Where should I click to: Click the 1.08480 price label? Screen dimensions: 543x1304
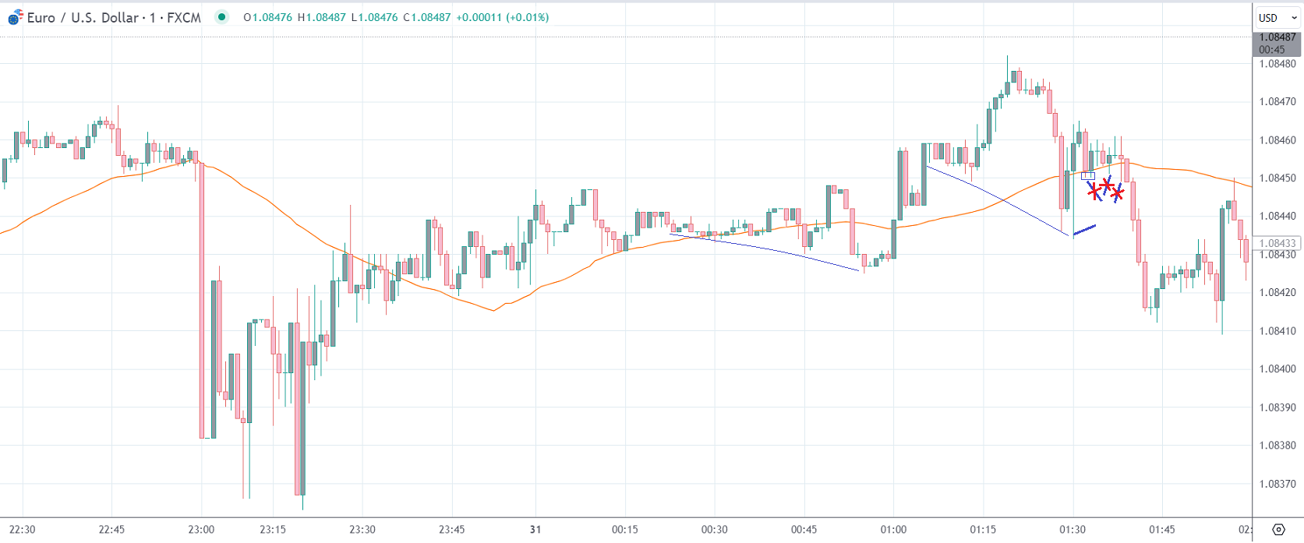point(1277,64)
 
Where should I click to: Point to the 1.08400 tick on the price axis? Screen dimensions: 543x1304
point(1277,368)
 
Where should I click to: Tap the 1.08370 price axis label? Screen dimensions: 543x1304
point(1277,484)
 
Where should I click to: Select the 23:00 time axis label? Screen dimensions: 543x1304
point(201,530)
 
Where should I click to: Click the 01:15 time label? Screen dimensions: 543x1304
point(983,530)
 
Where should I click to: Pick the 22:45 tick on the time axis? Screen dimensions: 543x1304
point(111,530)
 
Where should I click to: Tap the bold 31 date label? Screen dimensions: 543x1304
point(535,530)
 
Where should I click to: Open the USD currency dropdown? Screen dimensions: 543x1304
point(1277,18)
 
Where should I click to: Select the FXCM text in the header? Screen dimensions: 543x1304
point(184,17)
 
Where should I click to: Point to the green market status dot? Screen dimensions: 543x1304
point(222,17)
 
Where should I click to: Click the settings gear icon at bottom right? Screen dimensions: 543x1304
point(1278,530)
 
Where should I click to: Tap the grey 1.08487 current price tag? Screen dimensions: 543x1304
point(1277,37)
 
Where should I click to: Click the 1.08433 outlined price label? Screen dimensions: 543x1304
point(1277,243)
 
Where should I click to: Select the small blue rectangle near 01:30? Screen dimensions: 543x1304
point(1088,176)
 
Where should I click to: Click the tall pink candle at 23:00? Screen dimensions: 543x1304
point(202,300)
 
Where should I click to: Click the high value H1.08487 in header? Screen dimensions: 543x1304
point(321,17)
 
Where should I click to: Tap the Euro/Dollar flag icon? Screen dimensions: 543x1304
point(15,17)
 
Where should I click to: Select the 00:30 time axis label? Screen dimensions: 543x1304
point(714,530)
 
